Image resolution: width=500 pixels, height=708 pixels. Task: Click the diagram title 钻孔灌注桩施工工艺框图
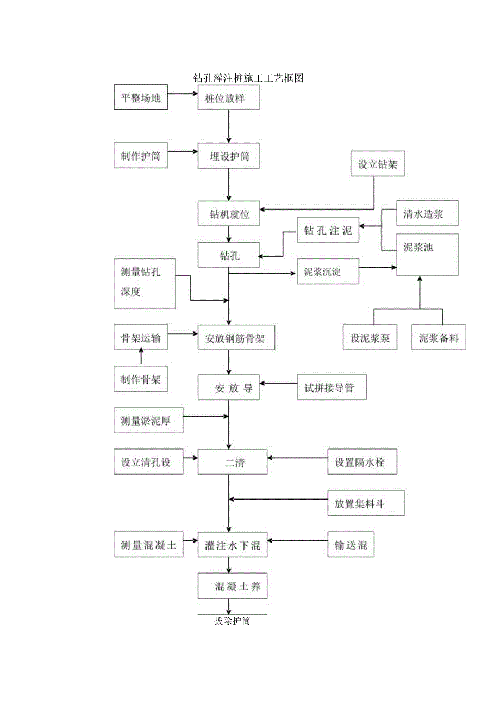(248, 78)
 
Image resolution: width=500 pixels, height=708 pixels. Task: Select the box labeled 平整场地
(141, 98)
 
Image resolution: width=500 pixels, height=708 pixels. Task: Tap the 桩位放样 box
(228, 98)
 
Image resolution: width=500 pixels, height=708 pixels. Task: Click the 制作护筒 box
(141, 156)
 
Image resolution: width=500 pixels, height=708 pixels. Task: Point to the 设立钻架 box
(377, 165)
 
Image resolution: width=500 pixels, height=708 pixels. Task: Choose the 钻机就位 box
(229, 214)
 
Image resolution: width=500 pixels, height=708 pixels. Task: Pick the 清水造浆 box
(427, 213)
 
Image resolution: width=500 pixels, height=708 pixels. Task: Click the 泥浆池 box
(427, 254)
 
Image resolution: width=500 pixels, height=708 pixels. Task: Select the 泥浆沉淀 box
(328, 271)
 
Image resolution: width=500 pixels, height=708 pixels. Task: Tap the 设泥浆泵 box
(370, 337)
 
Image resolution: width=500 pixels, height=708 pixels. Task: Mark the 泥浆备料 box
(439, 337)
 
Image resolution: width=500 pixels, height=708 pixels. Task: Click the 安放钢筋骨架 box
(233, 337)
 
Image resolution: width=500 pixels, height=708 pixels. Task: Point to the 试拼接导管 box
(332, 387)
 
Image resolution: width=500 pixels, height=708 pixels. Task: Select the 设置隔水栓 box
(362, 462)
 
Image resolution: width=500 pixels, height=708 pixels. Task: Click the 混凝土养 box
(233, 587)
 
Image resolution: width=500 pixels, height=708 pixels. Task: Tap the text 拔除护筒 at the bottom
(232, 620)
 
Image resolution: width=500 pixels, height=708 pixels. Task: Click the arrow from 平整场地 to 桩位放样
(183, 94)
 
